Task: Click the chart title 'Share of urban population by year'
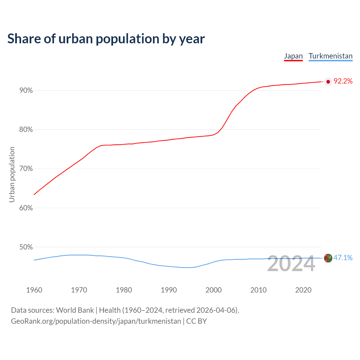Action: pyautogui.click(x=106, y=39)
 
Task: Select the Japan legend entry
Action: pyautogui.click(x=293, y=56)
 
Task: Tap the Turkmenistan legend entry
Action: pyautogui.click(x=330, y=56)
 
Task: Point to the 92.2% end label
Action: pyautogui.click(x=343, y=81)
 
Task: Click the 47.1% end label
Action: pyautogui.click(x=343, y=258)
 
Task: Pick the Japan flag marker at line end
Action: pyautogui.click(x=328, y=82)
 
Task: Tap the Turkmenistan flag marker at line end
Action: pyautogui.click(x=328, y=258)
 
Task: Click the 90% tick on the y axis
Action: pyautogui.click(x=26, y=91)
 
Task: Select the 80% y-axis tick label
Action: pyautogui.click(x=26, y=130)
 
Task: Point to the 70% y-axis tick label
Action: pyautogui.click(x=26, y=169)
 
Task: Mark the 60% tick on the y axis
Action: pyautogui.click(x=26, y=208)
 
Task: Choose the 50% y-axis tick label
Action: pyautogui.click(x=26, y=247)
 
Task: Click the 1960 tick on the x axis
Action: pyautogui.click(x=34, y=290)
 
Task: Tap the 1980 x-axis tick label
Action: pyautogui.click(x=124, y=290)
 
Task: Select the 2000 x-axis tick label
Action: pyautogui.click(x=214, y=290)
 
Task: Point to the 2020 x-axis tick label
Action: pyautogui.click(x=303, y=290)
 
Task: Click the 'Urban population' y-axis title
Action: pyautogui.click(x=12, y=174)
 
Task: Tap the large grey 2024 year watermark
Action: pyautogui.click(x=291, y=264)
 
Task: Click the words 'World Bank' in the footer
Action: pyautogui.click(x=75, y=310)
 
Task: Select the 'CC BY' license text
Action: pyautogui.click(x=197, y=321)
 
